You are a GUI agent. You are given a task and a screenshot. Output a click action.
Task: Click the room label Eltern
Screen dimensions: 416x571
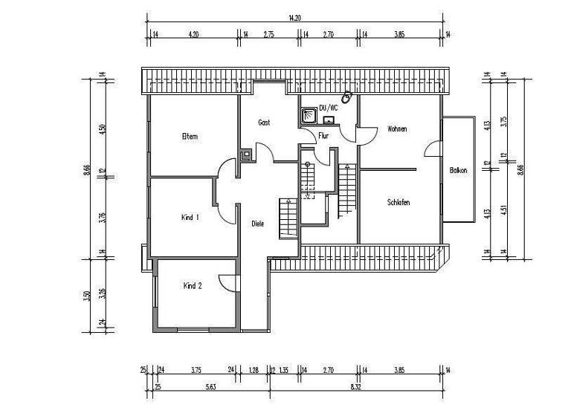click(x=189, y=136)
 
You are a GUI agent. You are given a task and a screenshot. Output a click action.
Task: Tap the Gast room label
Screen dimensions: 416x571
click(x=263, y=122)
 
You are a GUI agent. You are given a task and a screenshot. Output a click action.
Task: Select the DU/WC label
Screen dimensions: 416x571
click(x=328, y=108)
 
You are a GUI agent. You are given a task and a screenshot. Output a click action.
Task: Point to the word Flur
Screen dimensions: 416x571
click(x=323, y=136)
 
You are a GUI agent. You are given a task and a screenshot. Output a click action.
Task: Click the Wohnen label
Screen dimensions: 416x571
click(x=397, y=129)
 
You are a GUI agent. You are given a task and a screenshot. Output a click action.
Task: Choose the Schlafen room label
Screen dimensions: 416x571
click(x=399, y=202)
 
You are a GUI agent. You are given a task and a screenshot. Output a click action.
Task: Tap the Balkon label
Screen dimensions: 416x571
click(x=459, y=171)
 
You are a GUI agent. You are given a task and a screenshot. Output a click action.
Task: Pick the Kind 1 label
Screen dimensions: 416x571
click(x=190, y=218)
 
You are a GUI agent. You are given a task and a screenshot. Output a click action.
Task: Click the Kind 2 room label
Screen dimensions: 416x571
click(x=192, y=285)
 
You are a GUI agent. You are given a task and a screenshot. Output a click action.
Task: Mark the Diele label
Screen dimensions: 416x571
click(x=258, y=223)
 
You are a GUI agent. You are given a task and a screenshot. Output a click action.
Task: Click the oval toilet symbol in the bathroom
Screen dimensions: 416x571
click(x=346, y=97)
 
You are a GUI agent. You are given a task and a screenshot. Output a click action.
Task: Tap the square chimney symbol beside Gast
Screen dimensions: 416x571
click(x=246, y=156)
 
